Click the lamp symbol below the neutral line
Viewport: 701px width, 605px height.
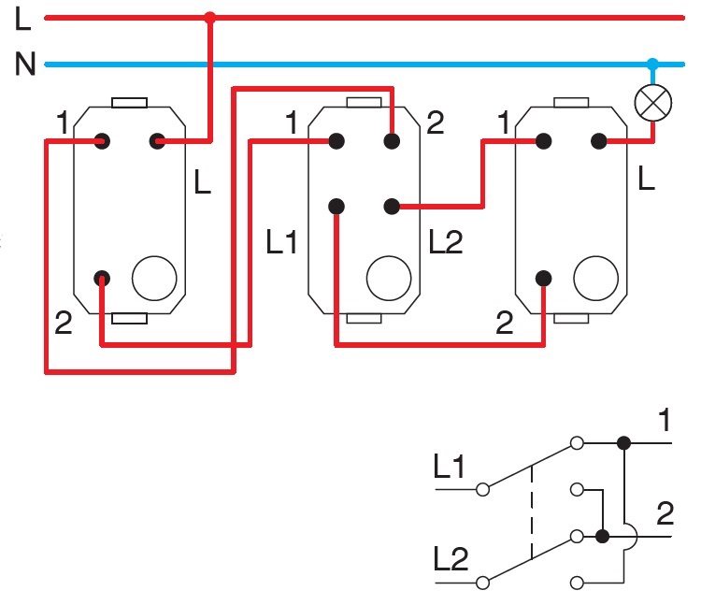tap(651, 103)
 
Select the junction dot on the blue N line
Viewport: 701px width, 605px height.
tap(652, 65)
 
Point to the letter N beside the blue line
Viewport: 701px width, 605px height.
tap(25, 65)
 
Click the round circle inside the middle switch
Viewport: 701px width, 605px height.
tap(388, 278)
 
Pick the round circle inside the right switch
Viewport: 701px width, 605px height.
tap(594, 278)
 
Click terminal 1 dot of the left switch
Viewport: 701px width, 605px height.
tap(102, 141)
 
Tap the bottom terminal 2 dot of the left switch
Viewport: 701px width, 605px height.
tap(102, 278)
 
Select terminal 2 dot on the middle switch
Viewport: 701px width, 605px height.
tap(392, 141)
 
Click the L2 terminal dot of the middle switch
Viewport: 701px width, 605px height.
tap(392, 206)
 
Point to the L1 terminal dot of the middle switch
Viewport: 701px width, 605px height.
tap(336, 206)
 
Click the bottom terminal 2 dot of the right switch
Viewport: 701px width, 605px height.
tap(542, 278)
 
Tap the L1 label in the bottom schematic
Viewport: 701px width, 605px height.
tap(450, 467)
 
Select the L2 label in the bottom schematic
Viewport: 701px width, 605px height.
tap(450, 558)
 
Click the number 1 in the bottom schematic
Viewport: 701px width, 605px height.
tap(664, 422)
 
